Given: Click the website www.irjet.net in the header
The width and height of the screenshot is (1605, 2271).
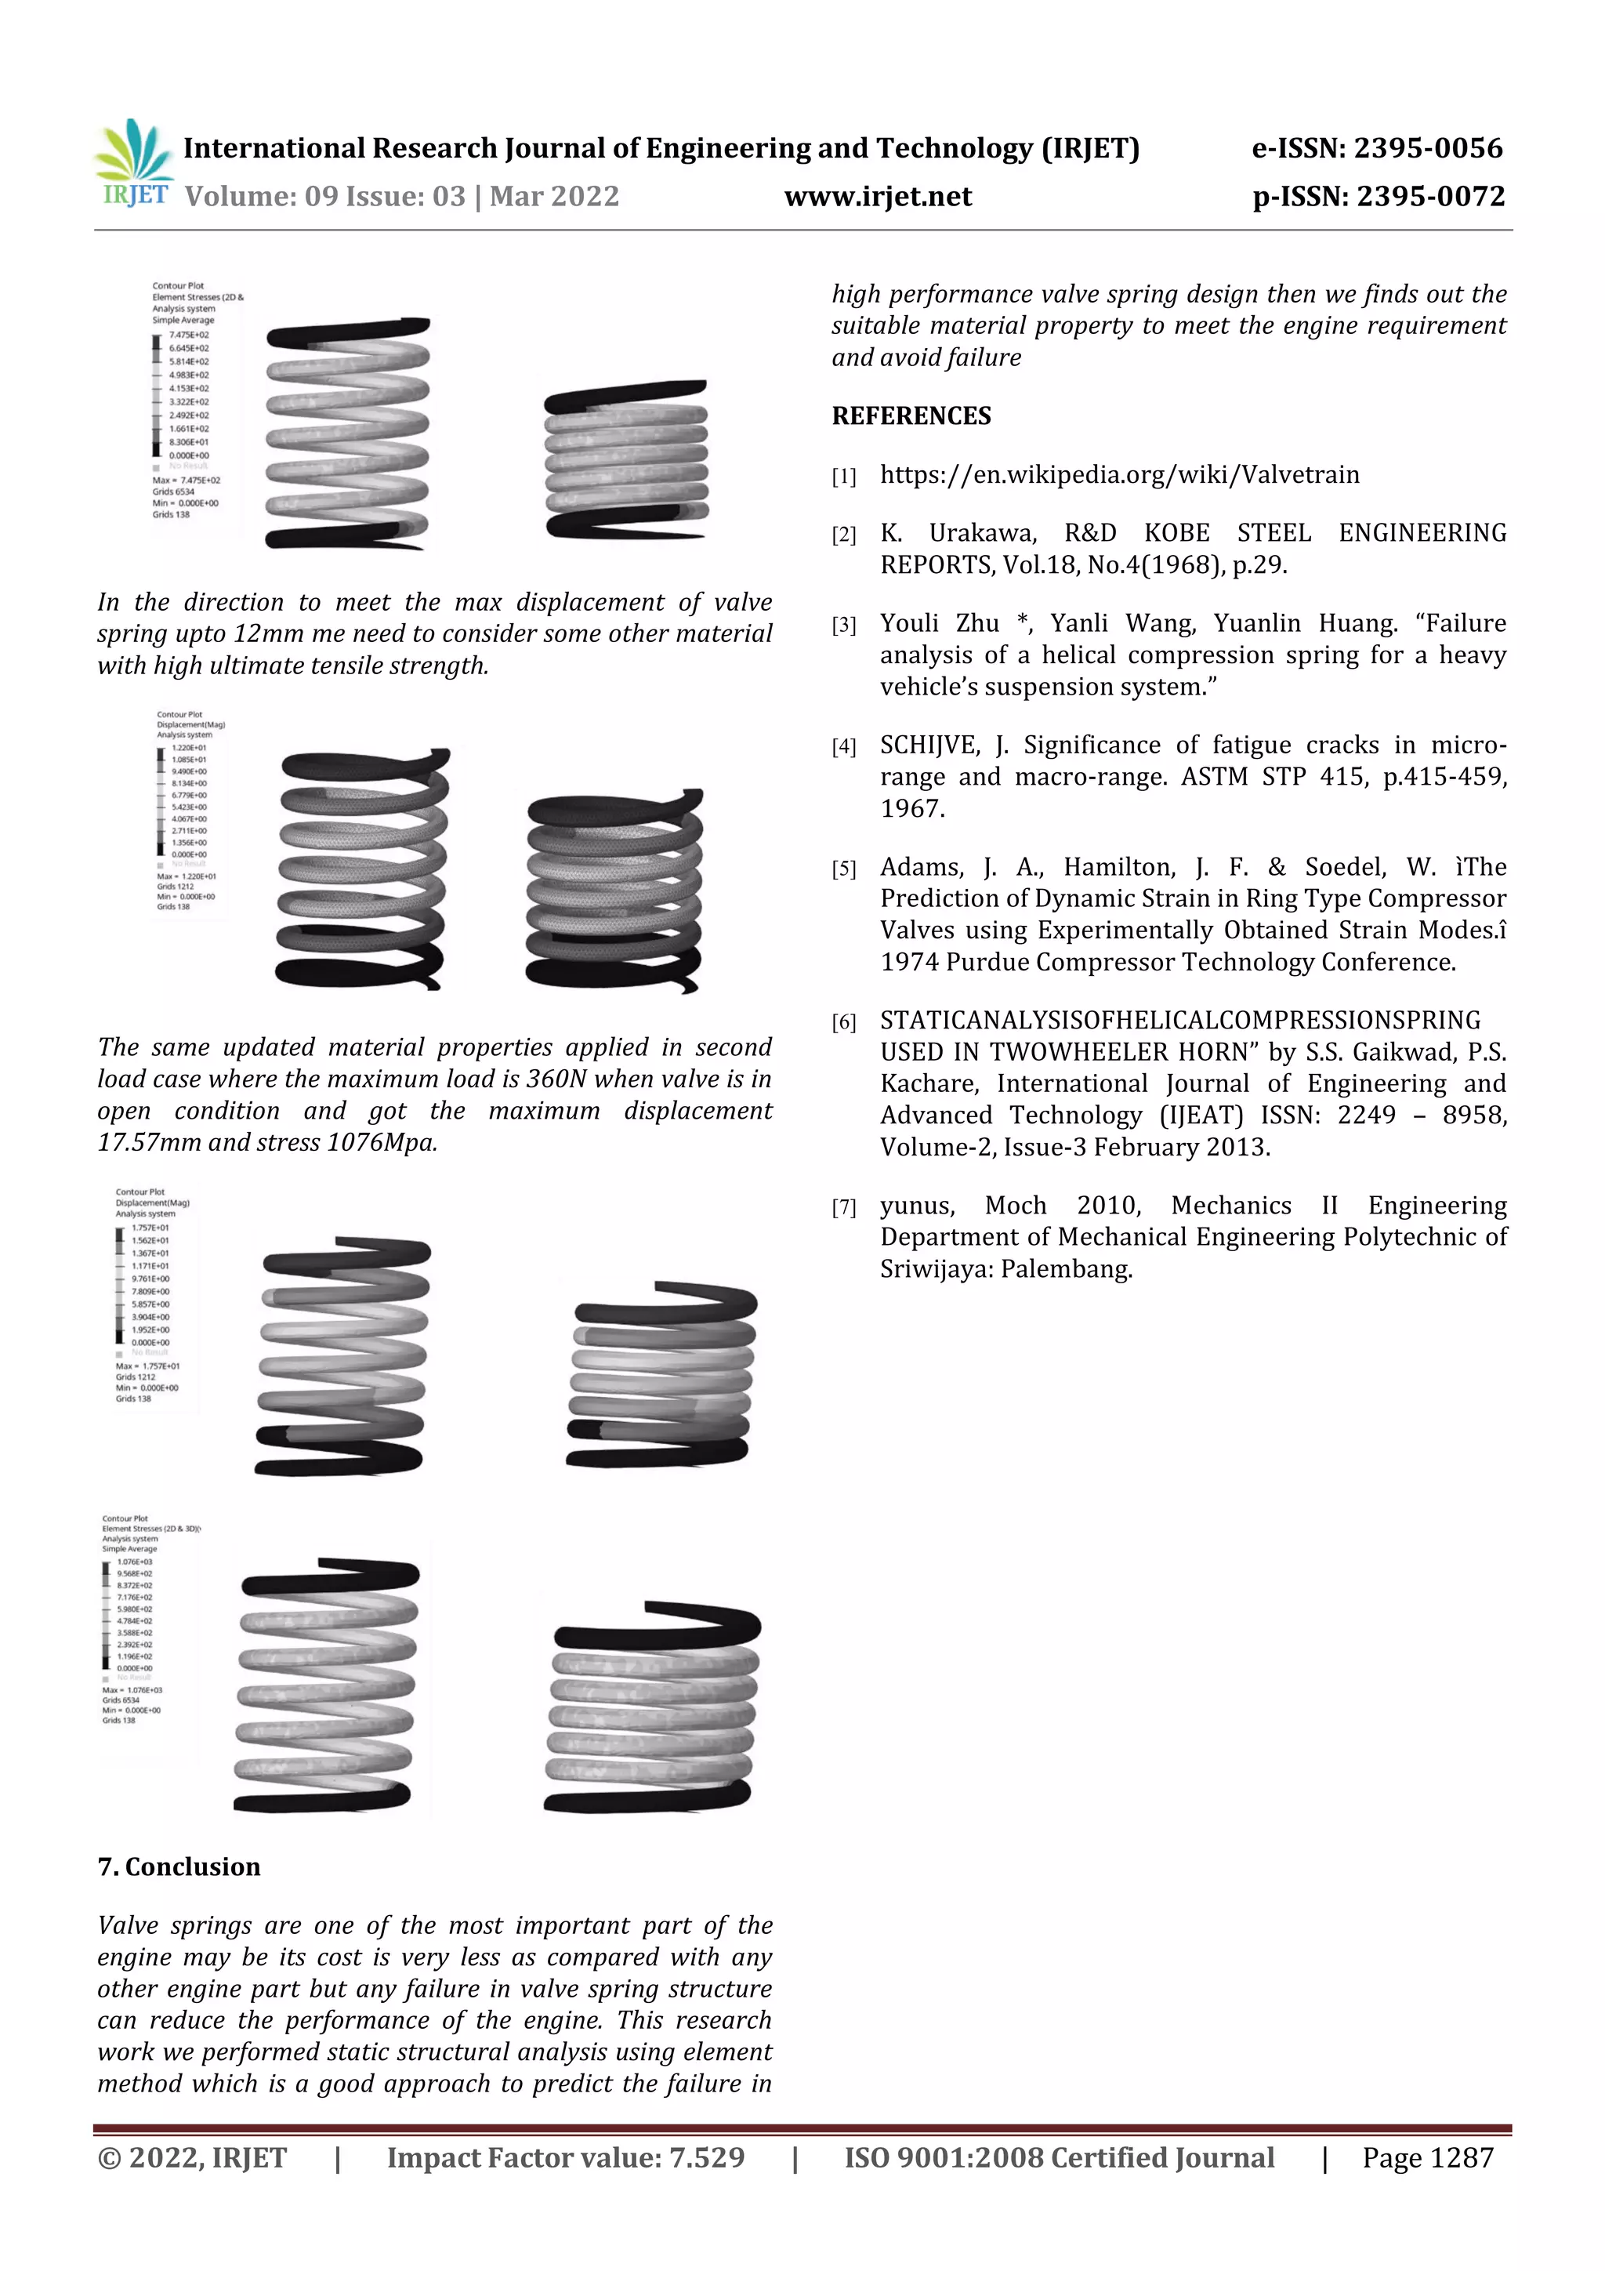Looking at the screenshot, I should pyautogui.click(x=877, y=197).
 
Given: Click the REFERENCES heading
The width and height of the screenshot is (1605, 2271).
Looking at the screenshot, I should pyautogui.click(x=911, y=415).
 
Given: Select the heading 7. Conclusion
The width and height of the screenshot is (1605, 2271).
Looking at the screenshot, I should pyautogui.click(x=179, y=1867).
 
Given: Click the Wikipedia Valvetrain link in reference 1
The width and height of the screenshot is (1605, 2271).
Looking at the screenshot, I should pyautogui.click(x=1119, y=475).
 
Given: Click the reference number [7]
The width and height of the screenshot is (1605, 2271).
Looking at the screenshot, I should pyautogui.click(x=843, y=1206).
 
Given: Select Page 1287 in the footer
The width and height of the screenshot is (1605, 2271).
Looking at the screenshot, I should pyautogui.click(x=1427, y=2157).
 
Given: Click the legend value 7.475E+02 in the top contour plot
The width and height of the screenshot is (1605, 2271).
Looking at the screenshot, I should pyautogui.click(x=189, y=336).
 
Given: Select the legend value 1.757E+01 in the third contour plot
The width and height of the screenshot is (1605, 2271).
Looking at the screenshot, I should pyautogui.click(x=150, y=1228).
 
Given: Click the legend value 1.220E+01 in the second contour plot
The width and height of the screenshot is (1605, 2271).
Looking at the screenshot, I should pyautogui.click(x=189, y=748).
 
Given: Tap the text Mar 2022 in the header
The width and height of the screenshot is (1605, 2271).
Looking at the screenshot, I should pyautogui.click(x=554, y=197).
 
